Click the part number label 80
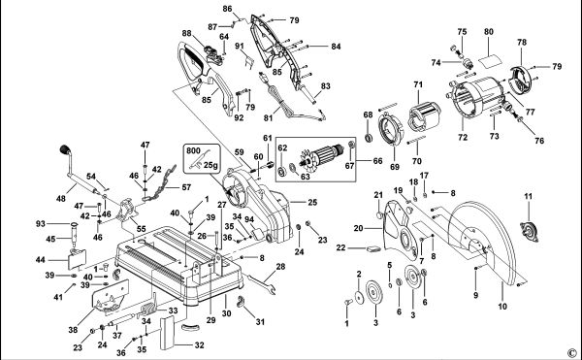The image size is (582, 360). coord(489,32)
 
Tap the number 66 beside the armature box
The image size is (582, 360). coord(377,161)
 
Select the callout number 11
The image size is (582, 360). coord(528,196)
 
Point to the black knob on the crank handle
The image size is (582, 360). coord(65,149)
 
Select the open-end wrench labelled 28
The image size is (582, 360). coord(261,284)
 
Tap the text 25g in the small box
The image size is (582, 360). coord(210,165)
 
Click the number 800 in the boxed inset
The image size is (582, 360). coord(193,150)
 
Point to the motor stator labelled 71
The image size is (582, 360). coord(425,116)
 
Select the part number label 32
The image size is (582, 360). coord(199,345)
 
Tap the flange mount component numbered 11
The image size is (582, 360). coord(530,232)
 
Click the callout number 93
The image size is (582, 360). coord(41,224)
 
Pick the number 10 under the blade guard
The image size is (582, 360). coord(502,307)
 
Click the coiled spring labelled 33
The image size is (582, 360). coord(147,310)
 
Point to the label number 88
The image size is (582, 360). coord(186,33)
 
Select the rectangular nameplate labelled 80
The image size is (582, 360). coord(490,60)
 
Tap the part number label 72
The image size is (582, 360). coord(463,138)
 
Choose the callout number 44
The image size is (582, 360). coord(41,259)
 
